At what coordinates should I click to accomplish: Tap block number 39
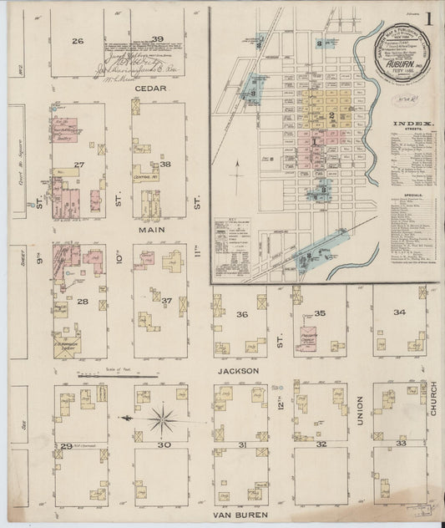[157, 38]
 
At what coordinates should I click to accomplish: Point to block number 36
[242, 314]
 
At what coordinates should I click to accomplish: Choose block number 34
[400, 312]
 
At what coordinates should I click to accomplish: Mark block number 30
[165, 444]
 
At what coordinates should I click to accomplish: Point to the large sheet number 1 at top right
[428, 18]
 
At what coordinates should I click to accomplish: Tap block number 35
[321, 313]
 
